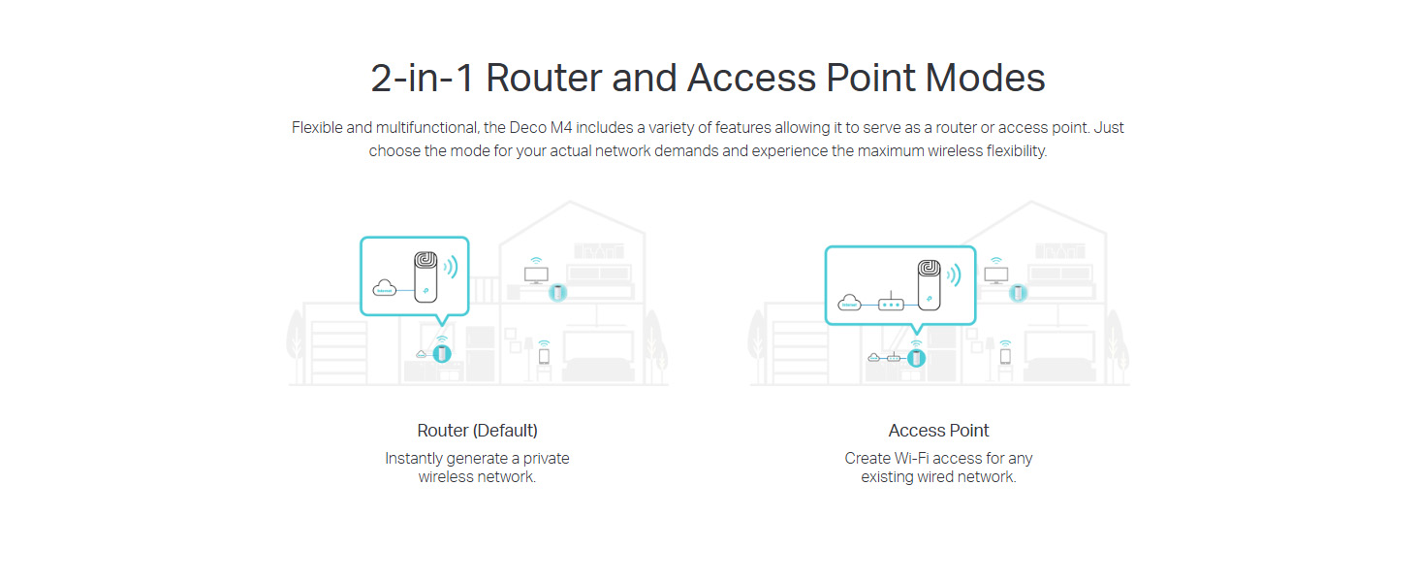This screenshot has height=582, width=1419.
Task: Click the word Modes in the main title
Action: point(986,79)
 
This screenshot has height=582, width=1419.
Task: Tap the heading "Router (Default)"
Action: point(477,430)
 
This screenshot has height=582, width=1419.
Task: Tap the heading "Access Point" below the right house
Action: point(938,430)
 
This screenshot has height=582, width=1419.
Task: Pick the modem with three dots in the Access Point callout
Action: point(891,304)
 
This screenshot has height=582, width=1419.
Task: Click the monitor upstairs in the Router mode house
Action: point(535,275)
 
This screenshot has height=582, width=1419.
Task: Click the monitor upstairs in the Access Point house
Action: point(995,275)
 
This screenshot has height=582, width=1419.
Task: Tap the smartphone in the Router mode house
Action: point(544,356)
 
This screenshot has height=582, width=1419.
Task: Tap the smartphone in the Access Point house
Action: point(1005,356)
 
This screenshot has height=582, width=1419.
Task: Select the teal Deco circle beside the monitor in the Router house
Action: point(557,292)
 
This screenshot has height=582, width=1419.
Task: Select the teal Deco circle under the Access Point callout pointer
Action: point(916,358)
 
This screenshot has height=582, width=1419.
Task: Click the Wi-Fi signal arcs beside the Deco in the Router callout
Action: point(450,267)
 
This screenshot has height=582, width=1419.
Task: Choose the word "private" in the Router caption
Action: point(547,458)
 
